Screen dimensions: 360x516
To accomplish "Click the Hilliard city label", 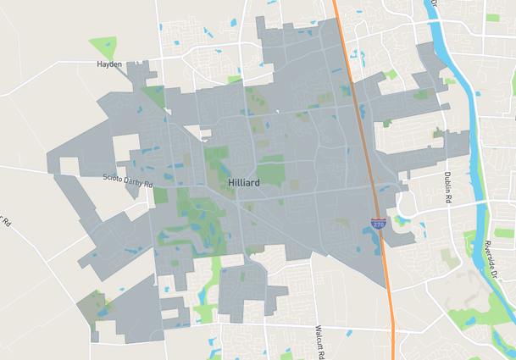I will tap(243, 182).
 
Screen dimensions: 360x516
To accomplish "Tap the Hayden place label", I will tap(109, 64).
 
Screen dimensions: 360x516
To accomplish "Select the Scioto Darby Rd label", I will tap(127, 180).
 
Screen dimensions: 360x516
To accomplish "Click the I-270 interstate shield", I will tap(378, 223).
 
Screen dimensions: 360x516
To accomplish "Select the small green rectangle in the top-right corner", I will tap(492, 17).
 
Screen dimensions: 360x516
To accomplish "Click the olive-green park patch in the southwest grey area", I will tap(90, 305).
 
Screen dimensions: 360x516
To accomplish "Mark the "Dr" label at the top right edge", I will tap(432, 3).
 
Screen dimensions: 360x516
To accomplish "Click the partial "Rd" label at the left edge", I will tap(4, 222).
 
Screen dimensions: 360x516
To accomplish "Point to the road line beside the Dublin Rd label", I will tap(440, 182).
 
